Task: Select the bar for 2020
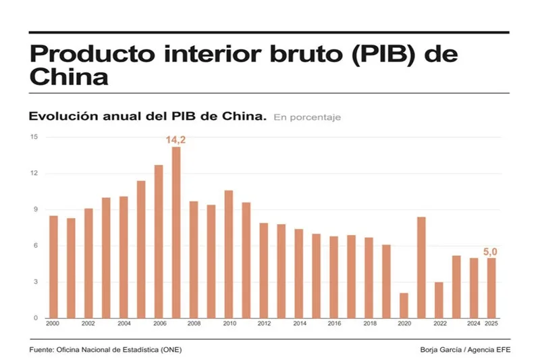tap(404, 305)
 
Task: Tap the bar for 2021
tap(421, 267)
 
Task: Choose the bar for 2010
tap(229, 254)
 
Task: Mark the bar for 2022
tap(439, 299)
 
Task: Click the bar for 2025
tap(491, 288)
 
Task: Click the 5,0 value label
tap(491, 251)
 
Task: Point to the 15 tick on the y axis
tap(34, 137)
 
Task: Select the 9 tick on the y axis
tap(36, 209)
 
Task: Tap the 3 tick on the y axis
tap(36, 282)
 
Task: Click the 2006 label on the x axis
tap(159, 324)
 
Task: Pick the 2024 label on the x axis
tap(473, 324)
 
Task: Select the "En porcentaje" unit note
tap(307, 118)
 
